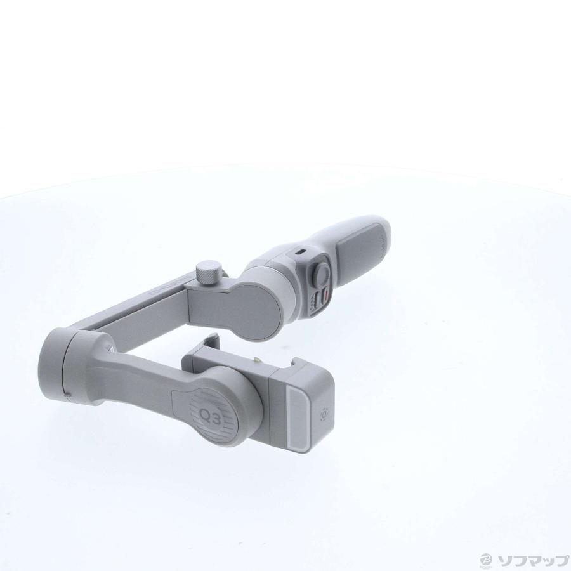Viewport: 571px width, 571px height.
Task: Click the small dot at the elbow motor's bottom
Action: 68,398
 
